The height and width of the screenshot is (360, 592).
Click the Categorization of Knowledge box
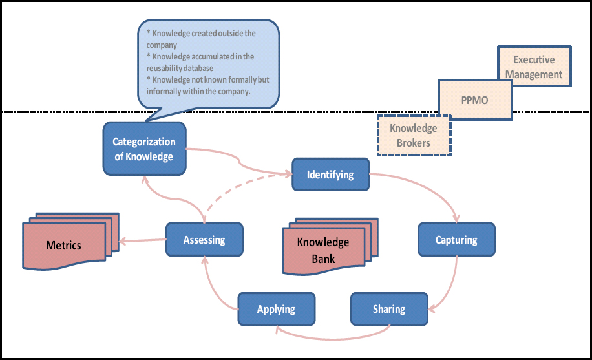coord(144,149)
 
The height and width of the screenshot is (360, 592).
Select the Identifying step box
coord(330,175)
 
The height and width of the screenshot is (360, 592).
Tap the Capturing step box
coord(456,240)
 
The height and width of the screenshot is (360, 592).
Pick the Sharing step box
coord(388,309)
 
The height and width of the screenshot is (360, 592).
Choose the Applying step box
coord(276,309)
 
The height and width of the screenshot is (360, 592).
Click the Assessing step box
coord(204,240)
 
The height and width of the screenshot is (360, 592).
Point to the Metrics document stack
coord(64,244)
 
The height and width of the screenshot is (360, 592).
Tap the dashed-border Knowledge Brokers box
coord(414,135)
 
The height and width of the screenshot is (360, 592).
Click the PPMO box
coord(475,100)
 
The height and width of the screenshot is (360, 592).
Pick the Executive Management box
coord(534,67)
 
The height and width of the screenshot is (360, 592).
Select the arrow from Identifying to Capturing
coord(433,191)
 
